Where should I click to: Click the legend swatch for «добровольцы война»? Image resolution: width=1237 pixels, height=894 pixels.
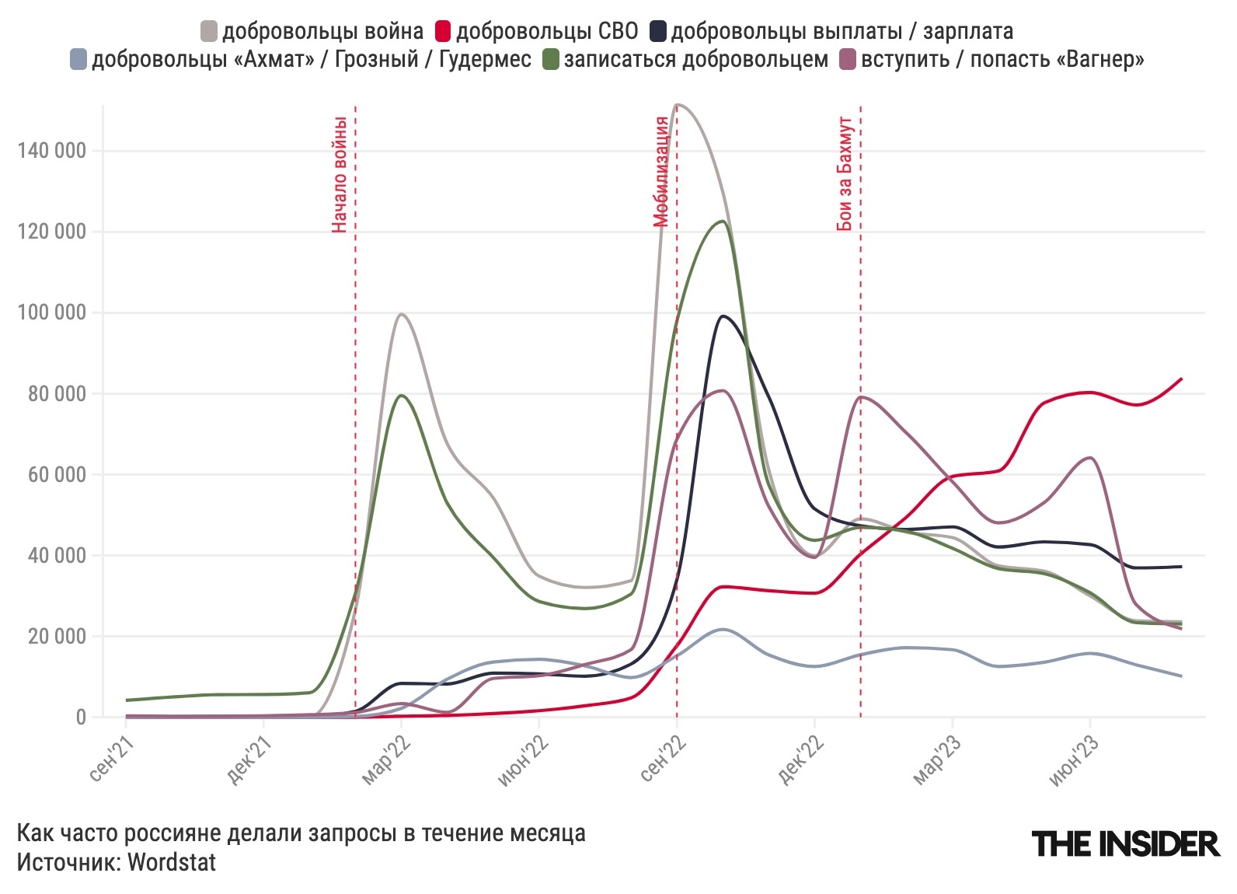pyautogui.click(x=209, y=32)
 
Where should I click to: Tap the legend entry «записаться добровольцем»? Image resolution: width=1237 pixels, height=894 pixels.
pyautogui.click(x=695, y=60)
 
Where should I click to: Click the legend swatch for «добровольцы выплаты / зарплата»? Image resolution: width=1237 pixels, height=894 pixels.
pyautogui.click(x=658, y=32)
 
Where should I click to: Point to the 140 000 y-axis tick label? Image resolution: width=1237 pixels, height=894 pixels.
pyautogui.click(x=51, y=151)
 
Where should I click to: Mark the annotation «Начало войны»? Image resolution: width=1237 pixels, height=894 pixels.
pyautogui.click(x=339, y=174)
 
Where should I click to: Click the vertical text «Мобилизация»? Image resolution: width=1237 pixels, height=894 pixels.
pyautogui.click(x=661, y=171)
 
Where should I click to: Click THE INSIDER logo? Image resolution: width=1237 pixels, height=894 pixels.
pyautogui.click(x=1125, y=843)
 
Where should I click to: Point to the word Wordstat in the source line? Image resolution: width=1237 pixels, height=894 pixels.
pyautogui.click(x=172, y=862)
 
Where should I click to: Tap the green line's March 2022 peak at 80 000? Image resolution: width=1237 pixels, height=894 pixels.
pyautogui.click(x=402, y=395)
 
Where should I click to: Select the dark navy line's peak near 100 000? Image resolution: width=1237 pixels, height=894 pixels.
pyautogui.click(x=723, y=316)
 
